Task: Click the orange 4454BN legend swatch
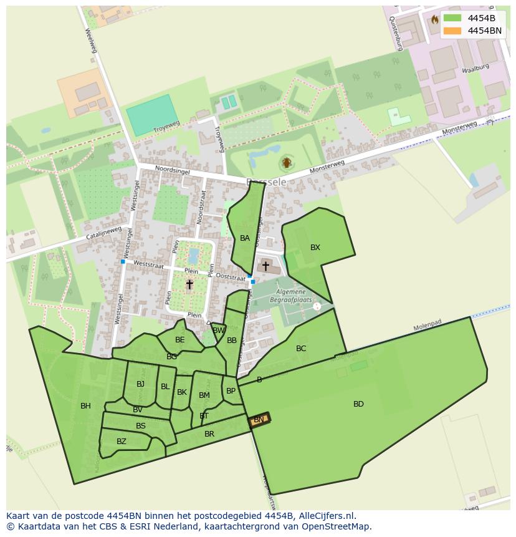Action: tap(452, 31)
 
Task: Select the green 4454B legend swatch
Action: tap(452, 18)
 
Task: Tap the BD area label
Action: tap(358, 404)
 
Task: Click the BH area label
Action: tap(85, 406)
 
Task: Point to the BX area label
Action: tap(315, 248)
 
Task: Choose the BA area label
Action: tap(245, 238)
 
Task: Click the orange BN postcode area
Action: tap(259, 420)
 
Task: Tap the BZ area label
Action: tap(122, 442)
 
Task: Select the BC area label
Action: tap(301, 349)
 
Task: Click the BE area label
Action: tap(180, 340)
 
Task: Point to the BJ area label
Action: tap(140, 384)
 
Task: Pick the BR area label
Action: tap(209, 434)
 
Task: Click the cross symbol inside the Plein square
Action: tap(189, 284)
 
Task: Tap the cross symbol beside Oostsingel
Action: tap(265, 266)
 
